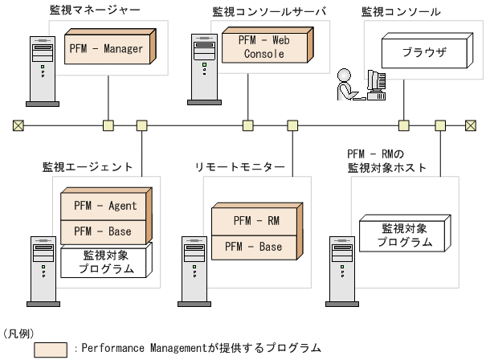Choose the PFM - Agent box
[104, 206]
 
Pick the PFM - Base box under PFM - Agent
[104, 231]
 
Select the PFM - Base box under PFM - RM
[252, 247]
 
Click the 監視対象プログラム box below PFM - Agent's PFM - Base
[104, 262]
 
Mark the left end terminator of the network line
[17, 125]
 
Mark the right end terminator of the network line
[470, 125]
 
